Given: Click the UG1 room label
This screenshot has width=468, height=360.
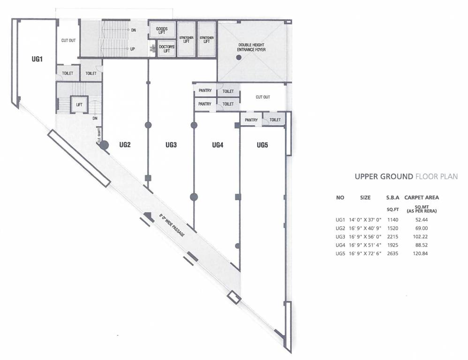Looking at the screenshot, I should click(x=37, y=60).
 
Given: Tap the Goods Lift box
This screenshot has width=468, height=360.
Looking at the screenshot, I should click(x=162, y=30).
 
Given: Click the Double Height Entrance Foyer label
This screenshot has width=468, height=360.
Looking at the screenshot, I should click(x=252, y=46).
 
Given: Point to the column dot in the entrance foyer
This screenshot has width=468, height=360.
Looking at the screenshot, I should click(x=239, y=57).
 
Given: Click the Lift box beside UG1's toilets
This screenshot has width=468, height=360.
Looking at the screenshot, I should click(x=79, y=105).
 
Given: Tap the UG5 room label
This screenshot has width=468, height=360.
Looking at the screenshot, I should click(x=262, y=145).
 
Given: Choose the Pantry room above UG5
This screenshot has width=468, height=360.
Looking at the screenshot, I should click(x=251, y=120).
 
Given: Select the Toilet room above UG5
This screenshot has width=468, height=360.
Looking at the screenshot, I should click(x=275, y=120).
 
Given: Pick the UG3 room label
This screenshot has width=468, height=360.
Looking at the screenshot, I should click(x=171, y=145).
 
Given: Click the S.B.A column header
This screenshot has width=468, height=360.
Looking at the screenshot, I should click(x=393, y=198).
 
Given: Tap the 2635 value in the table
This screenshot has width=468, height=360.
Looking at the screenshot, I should click(x=392, y=254).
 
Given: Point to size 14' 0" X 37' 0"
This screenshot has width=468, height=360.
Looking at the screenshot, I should click(x=365, y=220).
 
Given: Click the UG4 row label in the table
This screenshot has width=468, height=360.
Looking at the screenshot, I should click(x=340, y=245).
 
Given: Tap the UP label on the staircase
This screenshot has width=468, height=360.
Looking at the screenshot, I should click(x=133, y=49).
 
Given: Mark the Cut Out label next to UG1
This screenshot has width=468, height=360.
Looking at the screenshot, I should click(x=68, y=41).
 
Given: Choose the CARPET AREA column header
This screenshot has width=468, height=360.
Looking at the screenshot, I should click(x=422, y=198).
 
